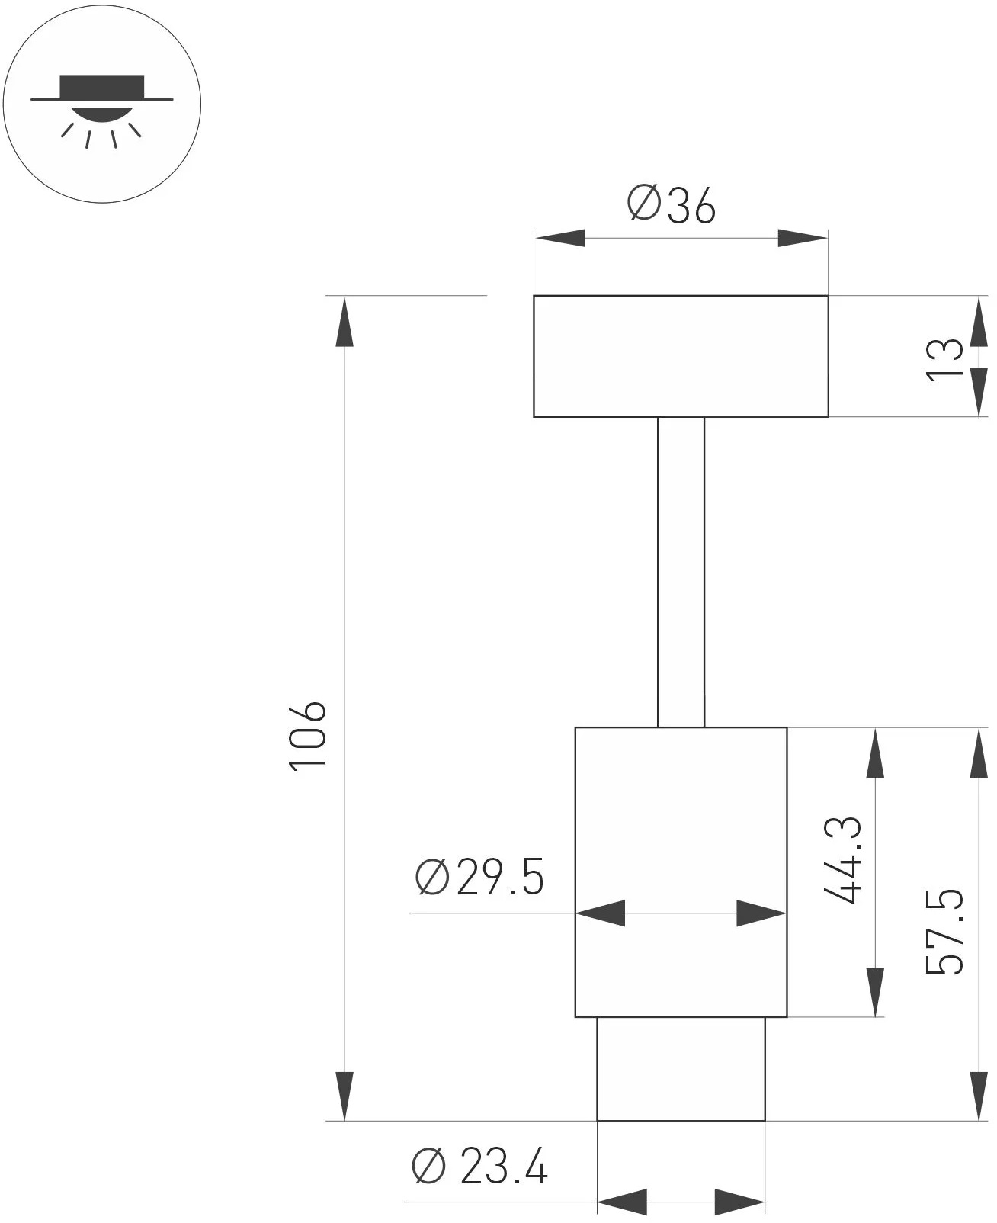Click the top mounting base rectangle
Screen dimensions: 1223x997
pyautogui.click(x=681, y=356)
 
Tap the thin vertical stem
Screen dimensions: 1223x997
pyautogui.click(x=681, y=572)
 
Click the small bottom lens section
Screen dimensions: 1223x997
pyautogui.click(x=681, y=1069)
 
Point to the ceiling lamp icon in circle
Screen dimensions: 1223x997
pyautogui.click(x=102, y=102)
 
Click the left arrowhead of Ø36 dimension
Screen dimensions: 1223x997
pyautogui.click(x=560, y=238)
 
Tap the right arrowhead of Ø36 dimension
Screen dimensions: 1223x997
pyautogui.click(x=802, y=238)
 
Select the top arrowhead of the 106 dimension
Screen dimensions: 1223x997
pyautogui.click(x=345, y=322)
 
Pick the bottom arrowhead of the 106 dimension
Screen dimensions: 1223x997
pyautogui.click(x=345, y=1095)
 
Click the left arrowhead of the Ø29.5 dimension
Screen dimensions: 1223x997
pyautogui.click(x=601, y=913)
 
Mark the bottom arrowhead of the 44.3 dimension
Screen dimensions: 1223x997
pyautogui.click(x=876, y=991)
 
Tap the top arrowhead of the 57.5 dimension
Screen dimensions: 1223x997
pyautogui.click(x=979, y=753)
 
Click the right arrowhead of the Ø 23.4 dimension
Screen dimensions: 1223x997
pyautogui.click(x=739, y=1202)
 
